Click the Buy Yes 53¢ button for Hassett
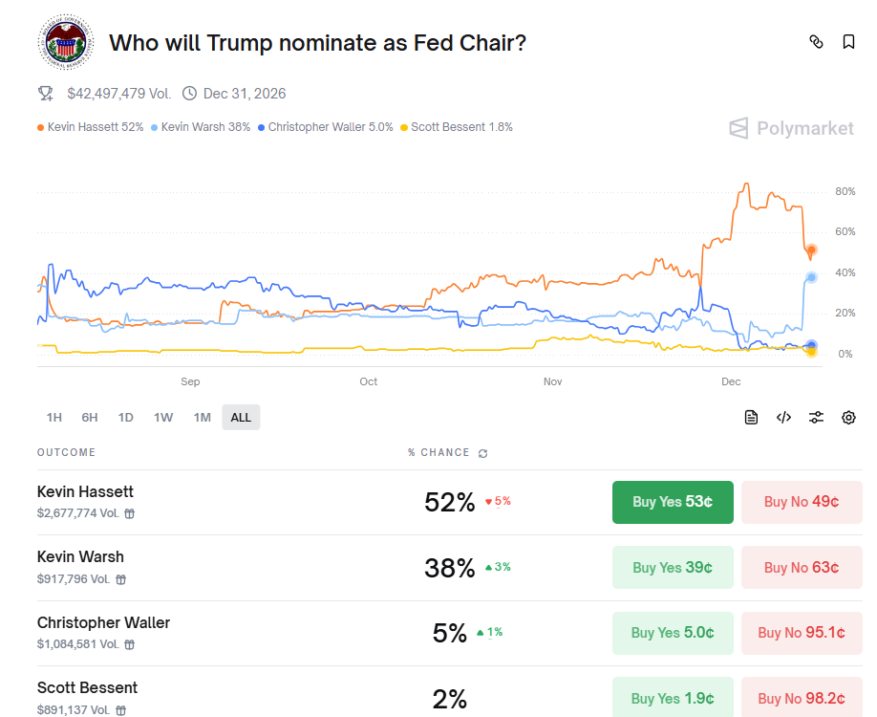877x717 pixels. click(x=673, y=502)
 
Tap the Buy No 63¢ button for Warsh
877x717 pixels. click(x=802, y=568)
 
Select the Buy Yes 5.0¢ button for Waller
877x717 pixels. click(x=673, y=633)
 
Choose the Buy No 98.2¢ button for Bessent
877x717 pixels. click(x=802, y=698)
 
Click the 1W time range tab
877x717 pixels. click(x=163, y=417)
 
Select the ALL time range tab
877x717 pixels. click(x=241, y=417)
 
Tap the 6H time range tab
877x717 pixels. click(x=90, y=417)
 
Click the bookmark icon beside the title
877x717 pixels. click(x=848, y=42)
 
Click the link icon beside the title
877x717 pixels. click(x=816, y=42)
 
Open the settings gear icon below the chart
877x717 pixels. click(x=848, y=417)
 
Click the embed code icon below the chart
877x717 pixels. click(x=783, y=417)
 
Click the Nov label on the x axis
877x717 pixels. click(x=552, y=381)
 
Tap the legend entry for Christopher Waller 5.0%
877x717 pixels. click(x=326, y=127)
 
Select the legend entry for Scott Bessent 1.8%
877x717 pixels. click(x=457, y=127)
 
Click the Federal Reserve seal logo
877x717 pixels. click(x=65, y=43)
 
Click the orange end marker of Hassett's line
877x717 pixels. click(x=812, y=250)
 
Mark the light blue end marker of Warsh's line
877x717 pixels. click(x=812, y=277)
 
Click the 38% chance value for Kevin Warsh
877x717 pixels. click(x=449, y=568)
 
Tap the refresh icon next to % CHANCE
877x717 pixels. click(x=482, y=453)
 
